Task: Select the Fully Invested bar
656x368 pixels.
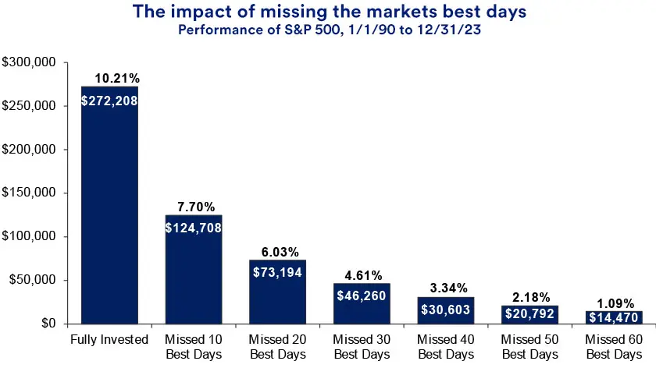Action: click(x=109, y=218)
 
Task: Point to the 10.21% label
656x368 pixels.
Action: click(x=117, y=79)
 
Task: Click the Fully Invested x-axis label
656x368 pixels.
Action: click(x=109, y=340)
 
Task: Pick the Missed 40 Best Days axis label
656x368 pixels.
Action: click(x=446, y=347)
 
